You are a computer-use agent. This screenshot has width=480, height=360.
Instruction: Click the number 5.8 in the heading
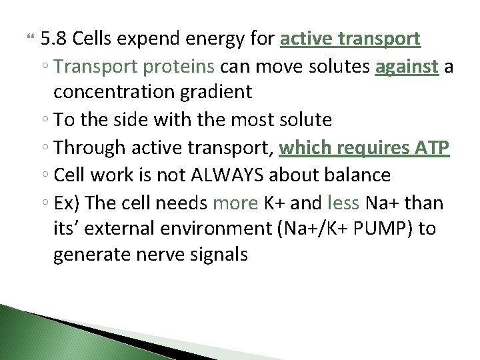point(53,39)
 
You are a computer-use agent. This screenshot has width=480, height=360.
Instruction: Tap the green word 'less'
point(344,202)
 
